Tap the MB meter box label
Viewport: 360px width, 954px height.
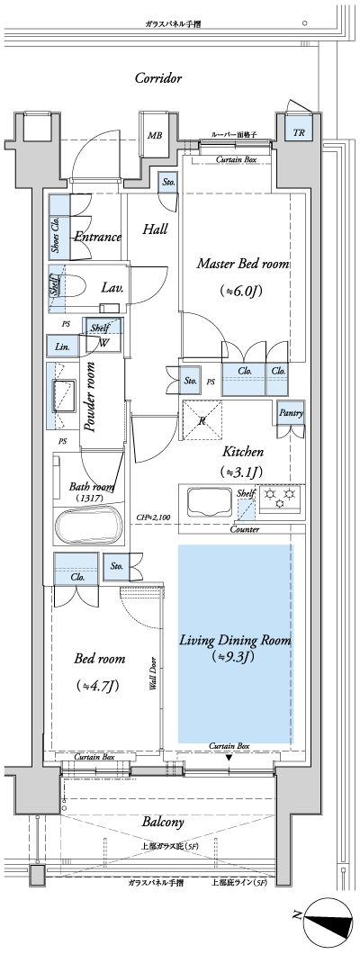pos(155,136)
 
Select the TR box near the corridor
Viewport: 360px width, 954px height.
pos(298,134)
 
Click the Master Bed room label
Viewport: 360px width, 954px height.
pos(242,265)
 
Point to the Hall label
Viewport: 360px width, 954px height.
pos(155,229)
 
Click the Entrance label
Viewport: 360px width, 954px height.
pos(98,238)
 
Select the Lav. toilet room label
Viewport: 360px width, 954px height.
pos(112,288)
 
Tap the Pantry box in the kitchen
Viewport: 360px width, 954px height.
pos(290,413)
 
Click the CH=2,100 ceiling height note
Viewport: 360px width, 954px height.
pos(153,518)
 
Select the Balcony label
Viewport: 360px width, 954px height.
pos(163,823)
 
